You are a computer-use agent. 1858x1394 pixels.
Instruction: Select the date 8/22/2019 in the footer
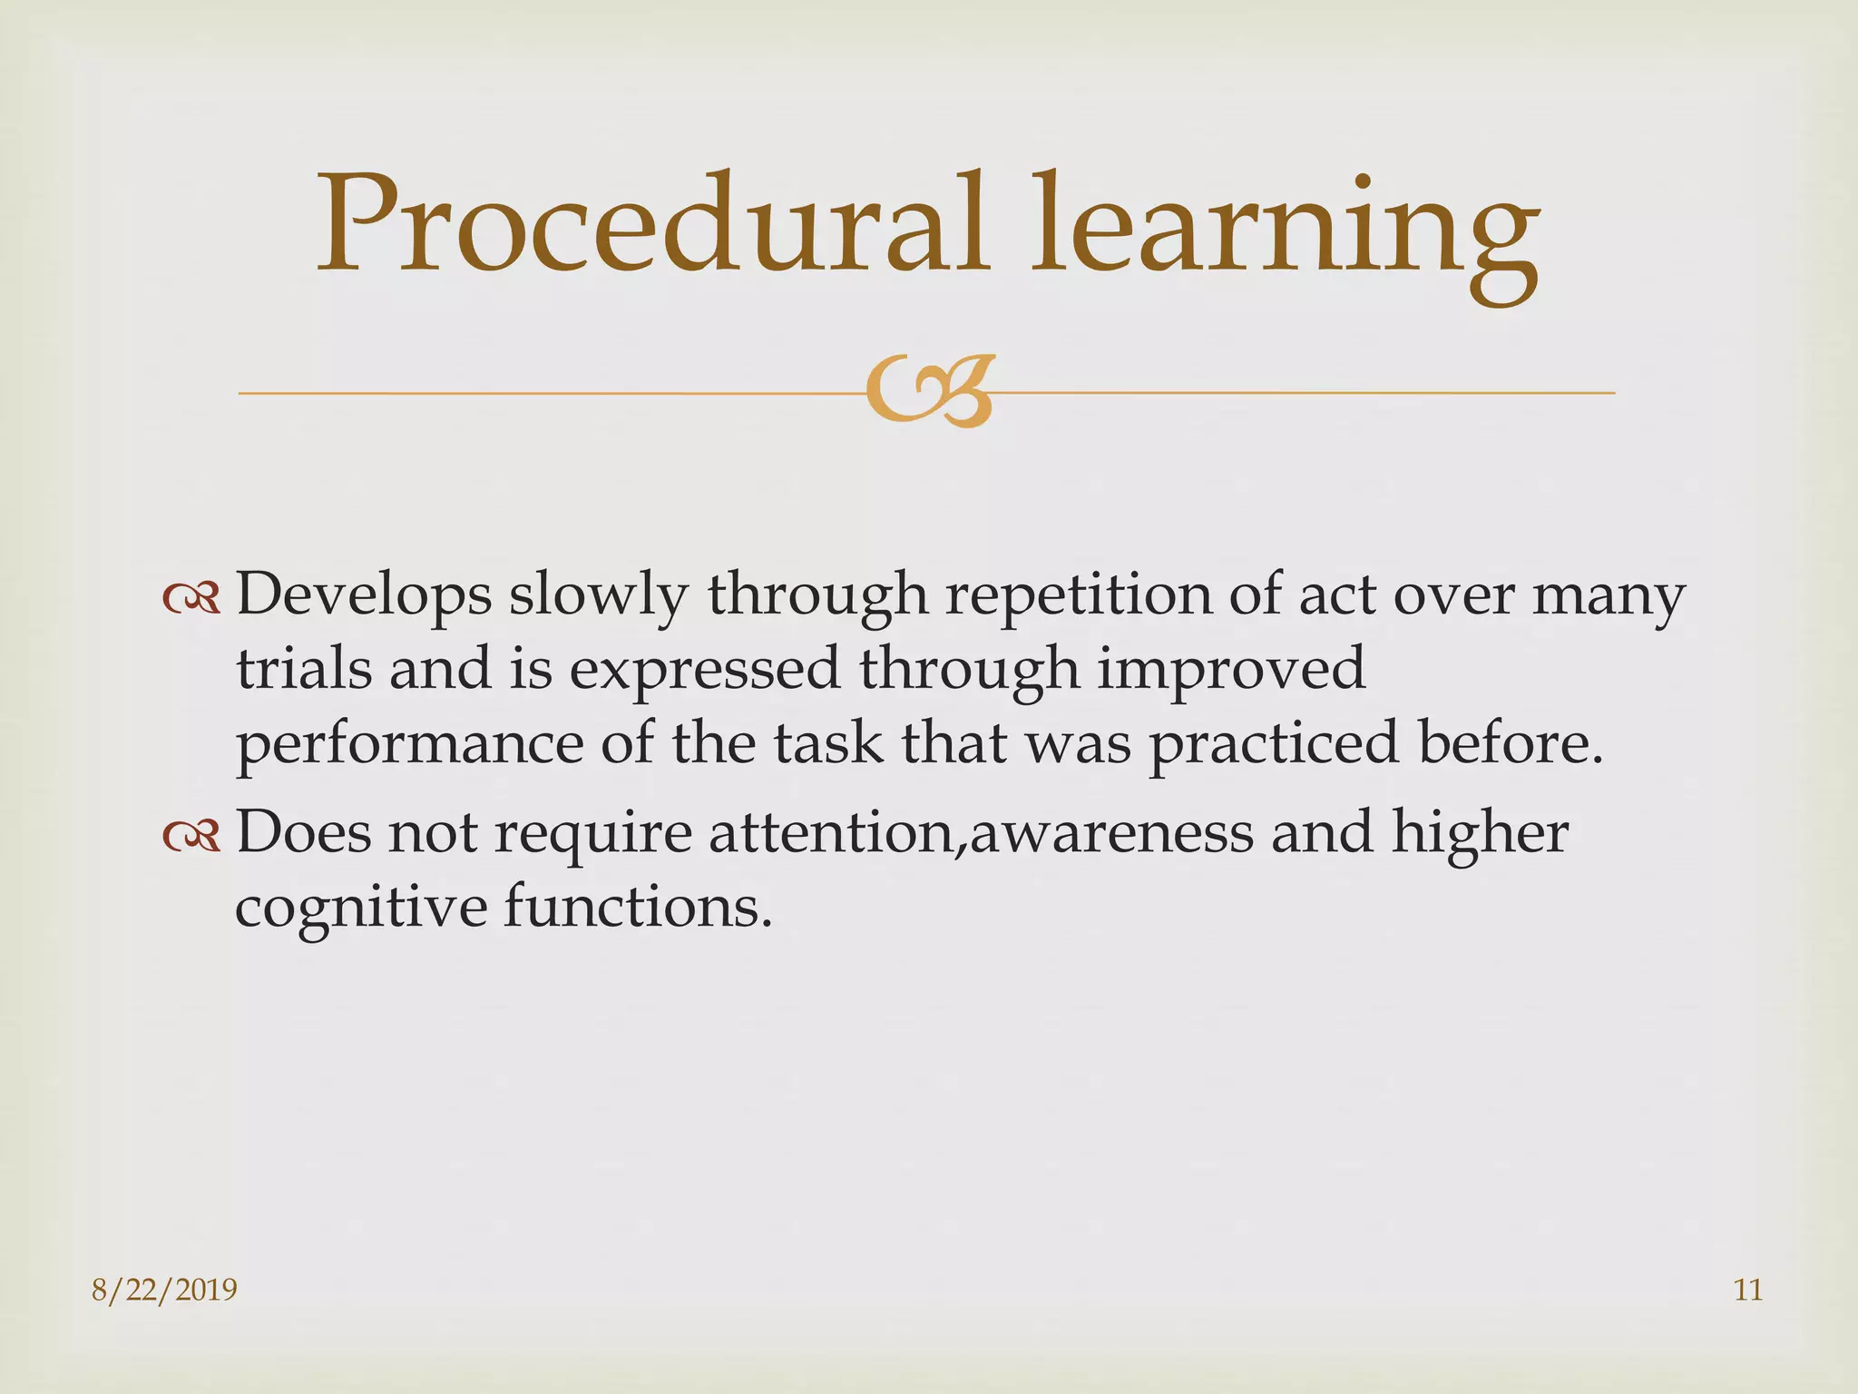164,1290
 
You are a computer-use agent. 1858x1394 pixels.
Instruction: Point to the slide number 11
1747,1290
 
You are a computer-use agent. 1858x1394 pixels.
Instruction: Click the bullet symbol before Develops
191,598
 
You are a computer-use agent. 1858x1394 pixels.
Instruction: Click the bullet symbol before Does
191,836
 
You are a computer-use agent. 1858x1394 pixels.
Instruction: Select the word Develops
363,596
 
